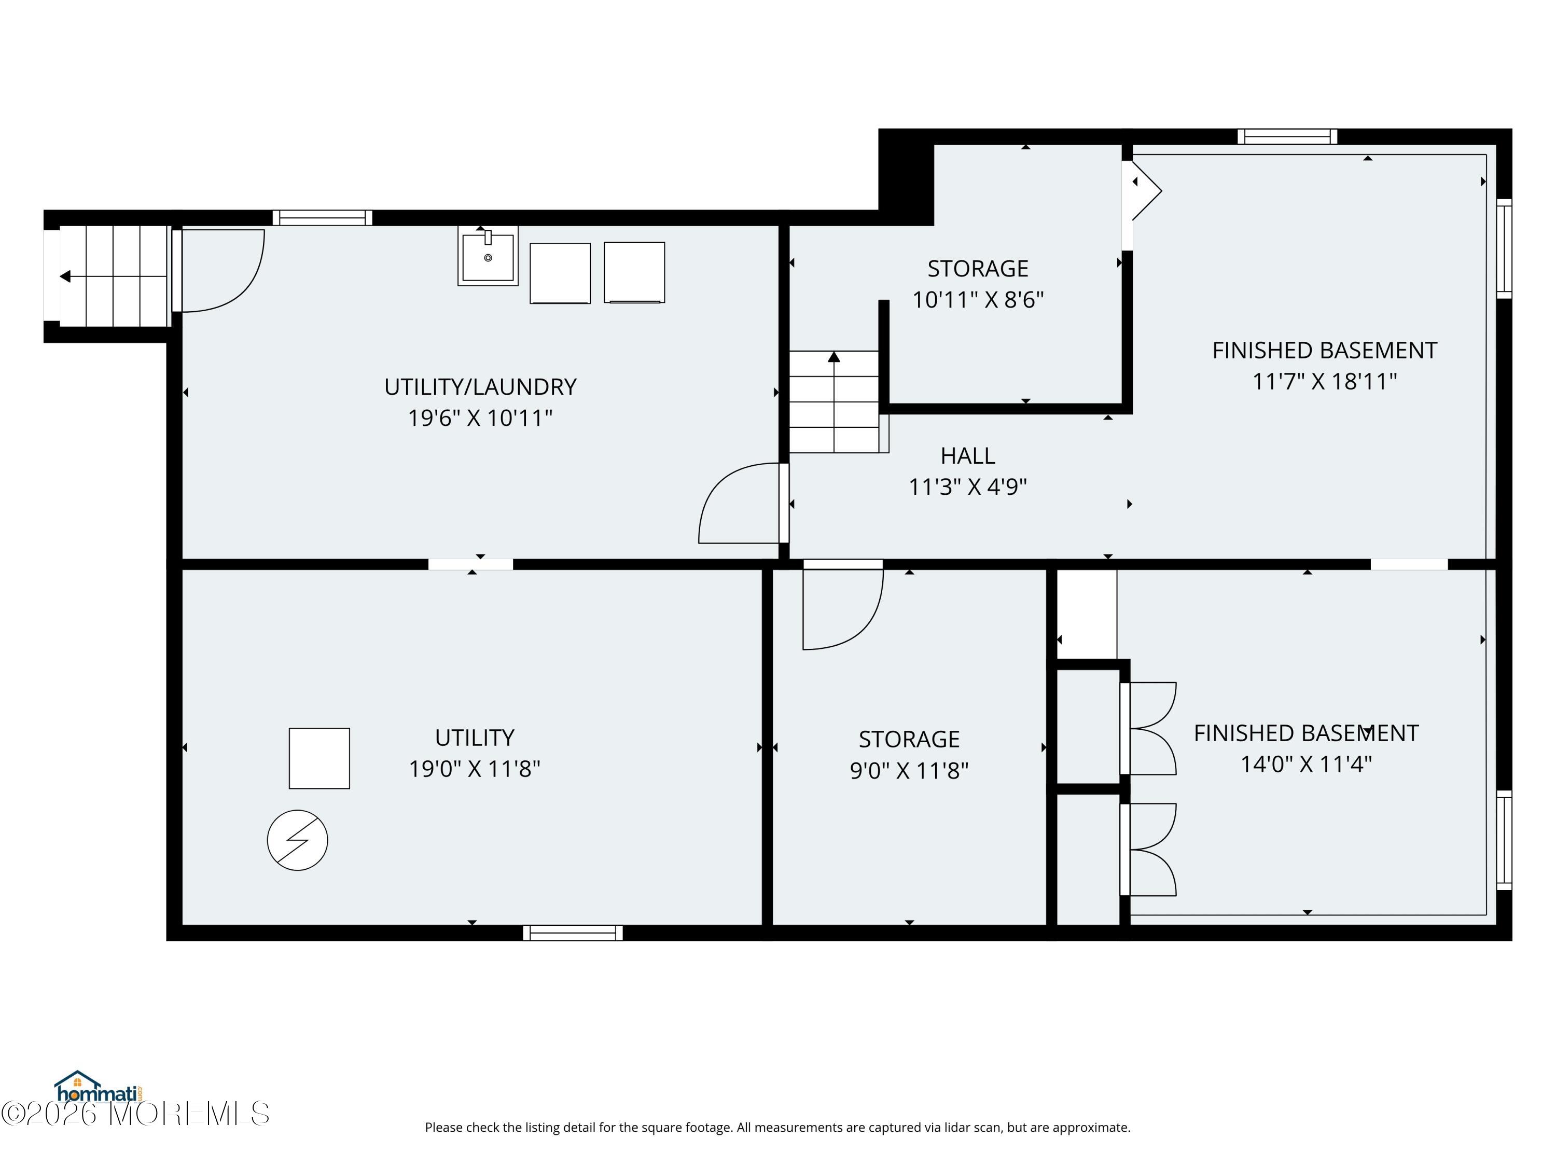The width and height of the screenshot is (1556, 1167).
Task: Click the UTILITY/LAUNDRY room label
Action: (480, 387)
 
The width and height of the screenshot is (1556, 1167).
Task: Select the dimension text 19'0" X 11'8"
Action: (475, 769)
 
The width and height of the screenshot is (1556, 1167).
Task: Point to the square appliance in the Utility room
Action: (319, 758)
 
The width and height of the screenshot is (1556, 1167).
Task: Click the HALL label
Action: (968, 456)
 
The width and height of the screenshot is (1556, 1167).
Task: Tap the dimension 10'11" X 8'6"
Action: (978, 300)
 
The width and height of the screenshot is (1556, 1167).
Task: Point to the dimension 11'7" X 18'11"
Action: (1325, 381)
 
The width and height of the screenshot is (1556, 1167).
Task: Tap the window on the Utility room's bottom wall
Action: (573, 933)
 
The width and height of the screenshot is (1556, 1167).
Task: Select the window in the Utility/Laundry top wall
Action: (322, 217)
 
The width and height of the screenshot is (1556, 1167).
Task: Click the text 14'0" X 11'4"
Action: (1307, 764)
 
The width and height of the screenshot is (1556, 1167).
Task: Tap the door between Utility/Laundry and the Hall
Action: (743, 503)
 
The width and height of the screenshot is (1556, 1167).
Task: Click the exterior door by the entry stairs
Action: (218, 270)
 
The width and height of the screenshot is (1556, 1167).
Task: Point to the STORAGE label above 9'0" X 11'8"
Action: (909, 739)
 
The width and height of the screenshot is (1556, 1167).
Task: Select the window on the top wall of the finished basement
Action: (1287, 136)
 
